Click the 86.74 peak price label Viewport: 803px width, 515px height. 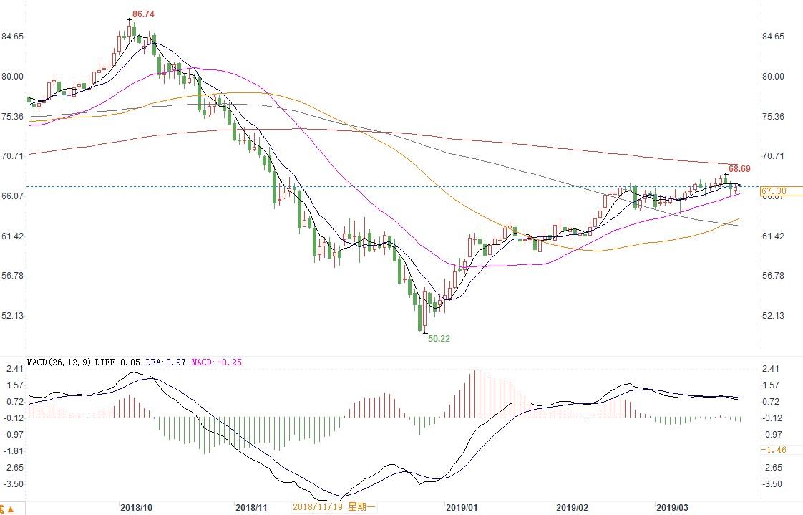(144, 14)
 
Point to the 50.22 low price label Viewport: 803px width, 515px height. (439, 339)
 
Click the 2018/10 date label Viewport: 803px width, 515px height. (136, 507)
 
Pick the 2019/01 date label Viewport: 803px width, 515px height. (461, 507)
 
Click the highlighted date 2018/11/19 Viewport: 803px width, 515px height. (316, 507)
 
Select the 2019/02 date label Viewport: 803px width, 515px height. (572, 507)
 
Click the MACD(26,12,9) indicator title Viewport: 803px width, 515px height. (58, 362)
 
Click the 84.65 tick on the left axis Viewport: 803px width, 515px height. (13, 37)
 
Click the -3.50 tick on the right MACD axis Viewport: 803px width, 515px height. (773, 484)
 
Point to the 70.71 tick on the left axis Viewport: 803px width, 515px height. (13, 155)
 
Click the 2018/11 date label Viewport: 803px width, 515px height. (251, 507)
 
